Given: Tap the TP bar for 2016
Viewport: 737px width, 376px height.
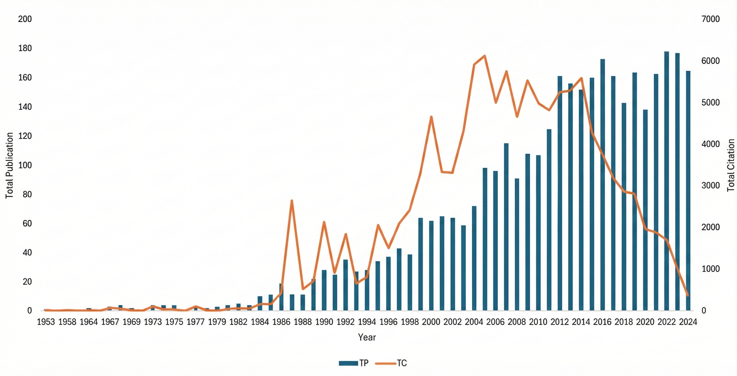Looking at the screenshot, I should (603, 185).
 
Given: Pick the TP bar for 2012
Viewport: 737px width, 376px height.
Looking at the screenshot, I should (560, 193).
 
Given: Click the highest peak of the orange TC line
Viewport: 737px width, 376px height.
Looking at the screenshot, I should (485, 56).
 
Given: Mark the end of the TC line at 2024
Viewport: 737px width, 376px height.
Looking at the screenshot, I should (688, 295).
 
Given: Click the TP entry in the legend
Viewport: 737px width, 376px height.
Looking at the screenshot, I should (354, 363).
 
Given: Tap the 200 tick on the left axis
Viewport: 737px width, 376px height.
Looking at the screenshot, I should (25, 19).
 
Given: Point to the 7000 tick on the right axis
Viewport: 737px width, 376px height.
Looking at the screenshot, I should (711, 19).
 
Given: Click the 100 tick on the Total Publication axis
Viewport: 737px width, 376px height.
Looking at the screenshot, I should (25, 165).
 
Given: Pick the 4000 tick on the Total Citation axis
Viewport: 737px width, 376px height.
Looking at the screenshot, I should (711, 144).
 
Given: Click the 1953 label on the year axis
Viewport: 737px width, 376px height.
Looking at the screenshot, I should (46, 322).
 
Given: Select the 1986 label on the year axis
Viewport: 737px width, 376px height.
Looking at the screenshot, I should (281, 322).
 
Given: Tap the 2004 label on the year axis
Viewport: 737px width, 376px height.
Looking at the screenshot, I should (474, 322).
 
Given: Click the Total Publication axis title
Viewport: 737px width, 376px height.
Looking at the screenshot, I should (9, 165).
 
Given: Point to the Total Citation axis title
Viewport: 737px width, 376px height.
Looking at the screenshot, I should (731, 165).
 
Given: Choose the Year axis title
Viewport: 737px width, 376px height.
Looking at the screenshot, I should (367, 337).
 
